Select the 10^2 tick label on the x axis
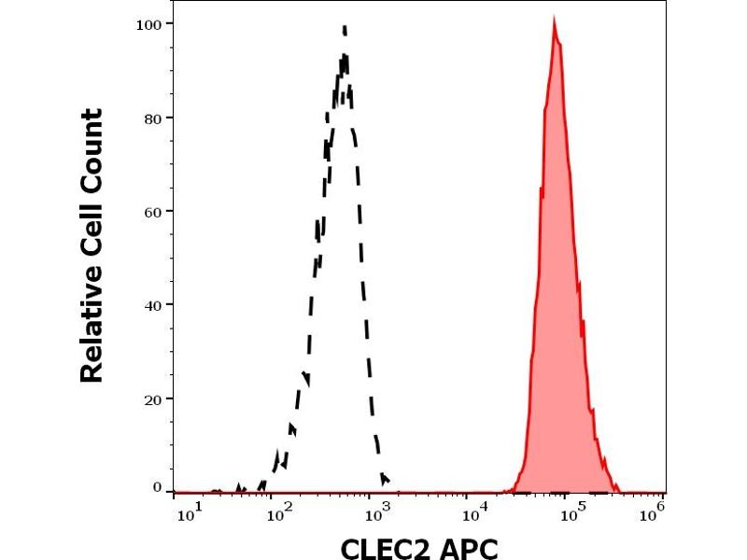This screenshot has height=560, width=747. point(276,512)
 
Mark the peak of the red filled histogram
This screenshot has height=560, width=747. point(555,21)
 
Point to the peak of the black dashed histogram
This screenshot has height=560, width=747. point(345,28)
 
